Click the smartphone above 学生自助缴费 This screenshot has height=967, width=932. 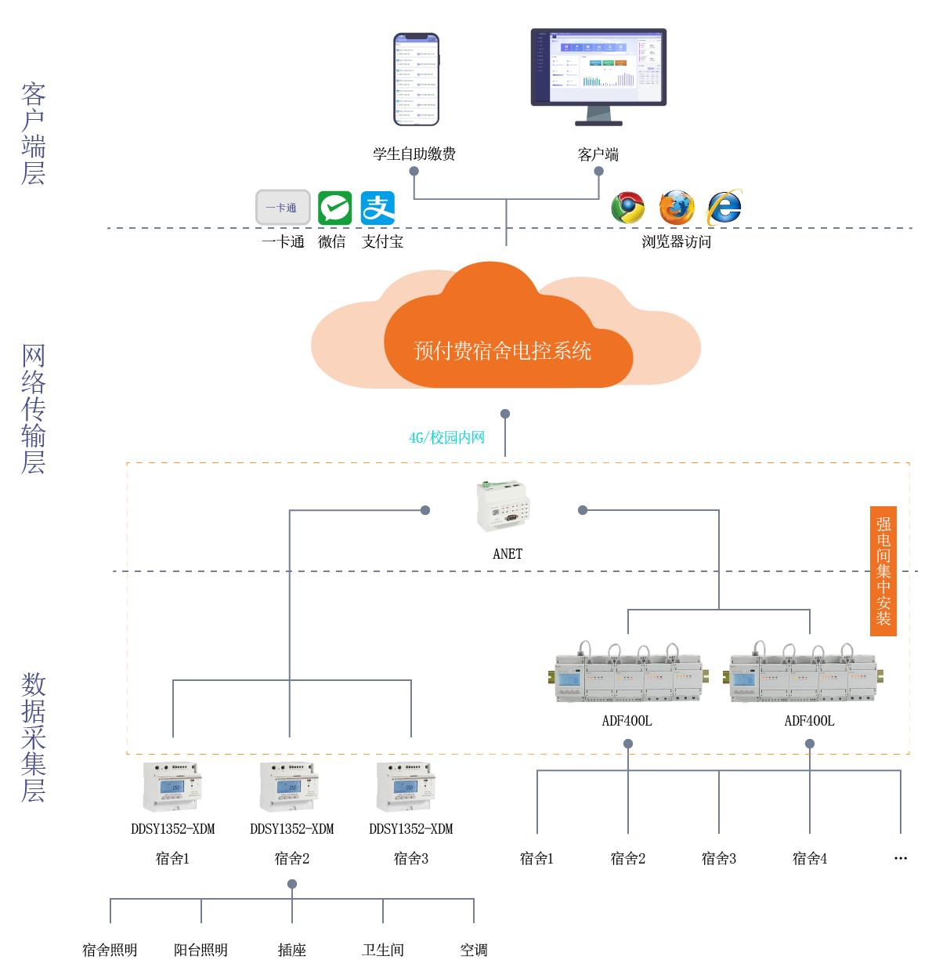point(416,79)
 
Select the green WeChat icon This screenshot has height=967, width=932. point(334,208)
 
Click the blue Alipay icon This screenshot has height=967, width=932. point(377,208)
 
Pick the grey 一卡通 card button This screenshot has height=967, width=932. point(283,208)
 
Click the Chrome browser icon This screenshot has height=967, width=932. point(627,208)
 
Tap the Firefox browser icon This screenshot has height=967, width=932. point(676,208)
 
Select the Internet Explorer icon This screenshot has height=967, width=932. point(724,207)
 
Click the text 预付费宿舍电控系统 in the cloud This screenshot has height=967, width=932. point(502,350)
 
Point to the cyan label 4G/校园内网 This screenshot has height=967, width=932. point(446,437)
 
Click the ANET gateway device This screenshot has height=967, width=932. point(506,505)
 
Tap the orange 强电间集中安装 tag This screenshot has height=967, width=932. point(883,570)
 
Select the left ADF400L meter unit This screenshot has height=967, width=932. point(626,675)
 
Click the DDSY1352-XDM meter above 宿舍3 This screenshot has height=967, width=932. point(406,786)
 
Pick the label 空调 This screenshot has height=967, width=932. point(474,950)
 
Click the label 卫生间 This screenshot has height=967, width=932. point(383,950)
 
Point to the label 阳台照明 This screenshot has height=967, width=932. point(200,950)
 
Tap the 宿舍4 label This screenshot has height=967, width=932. point(809,858)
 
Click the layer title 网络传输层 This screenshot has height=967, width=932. point(33,409)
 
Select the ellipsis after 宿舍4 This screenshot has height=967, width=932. point(900,859)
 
